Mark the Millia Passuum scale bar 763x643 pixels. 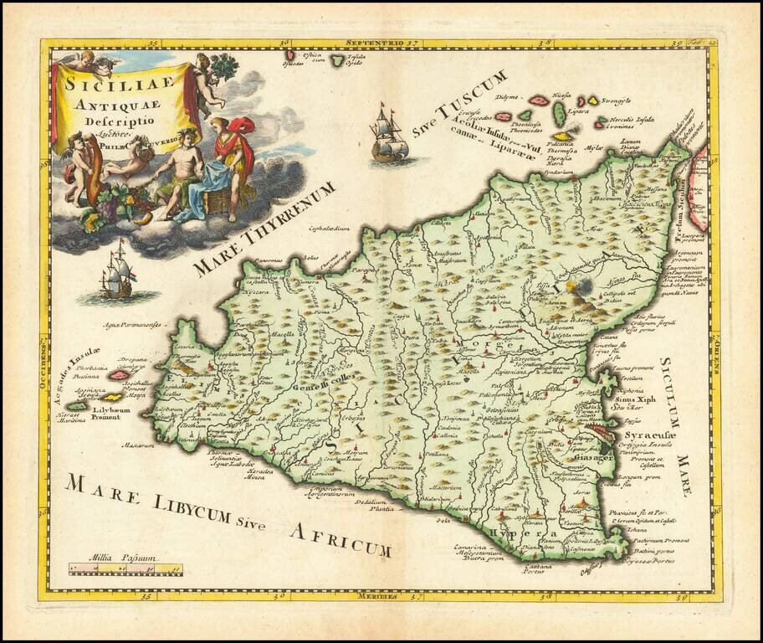[x=125, y=571]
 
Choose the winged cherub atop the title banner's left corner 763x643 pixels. [x=84, y=62]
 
